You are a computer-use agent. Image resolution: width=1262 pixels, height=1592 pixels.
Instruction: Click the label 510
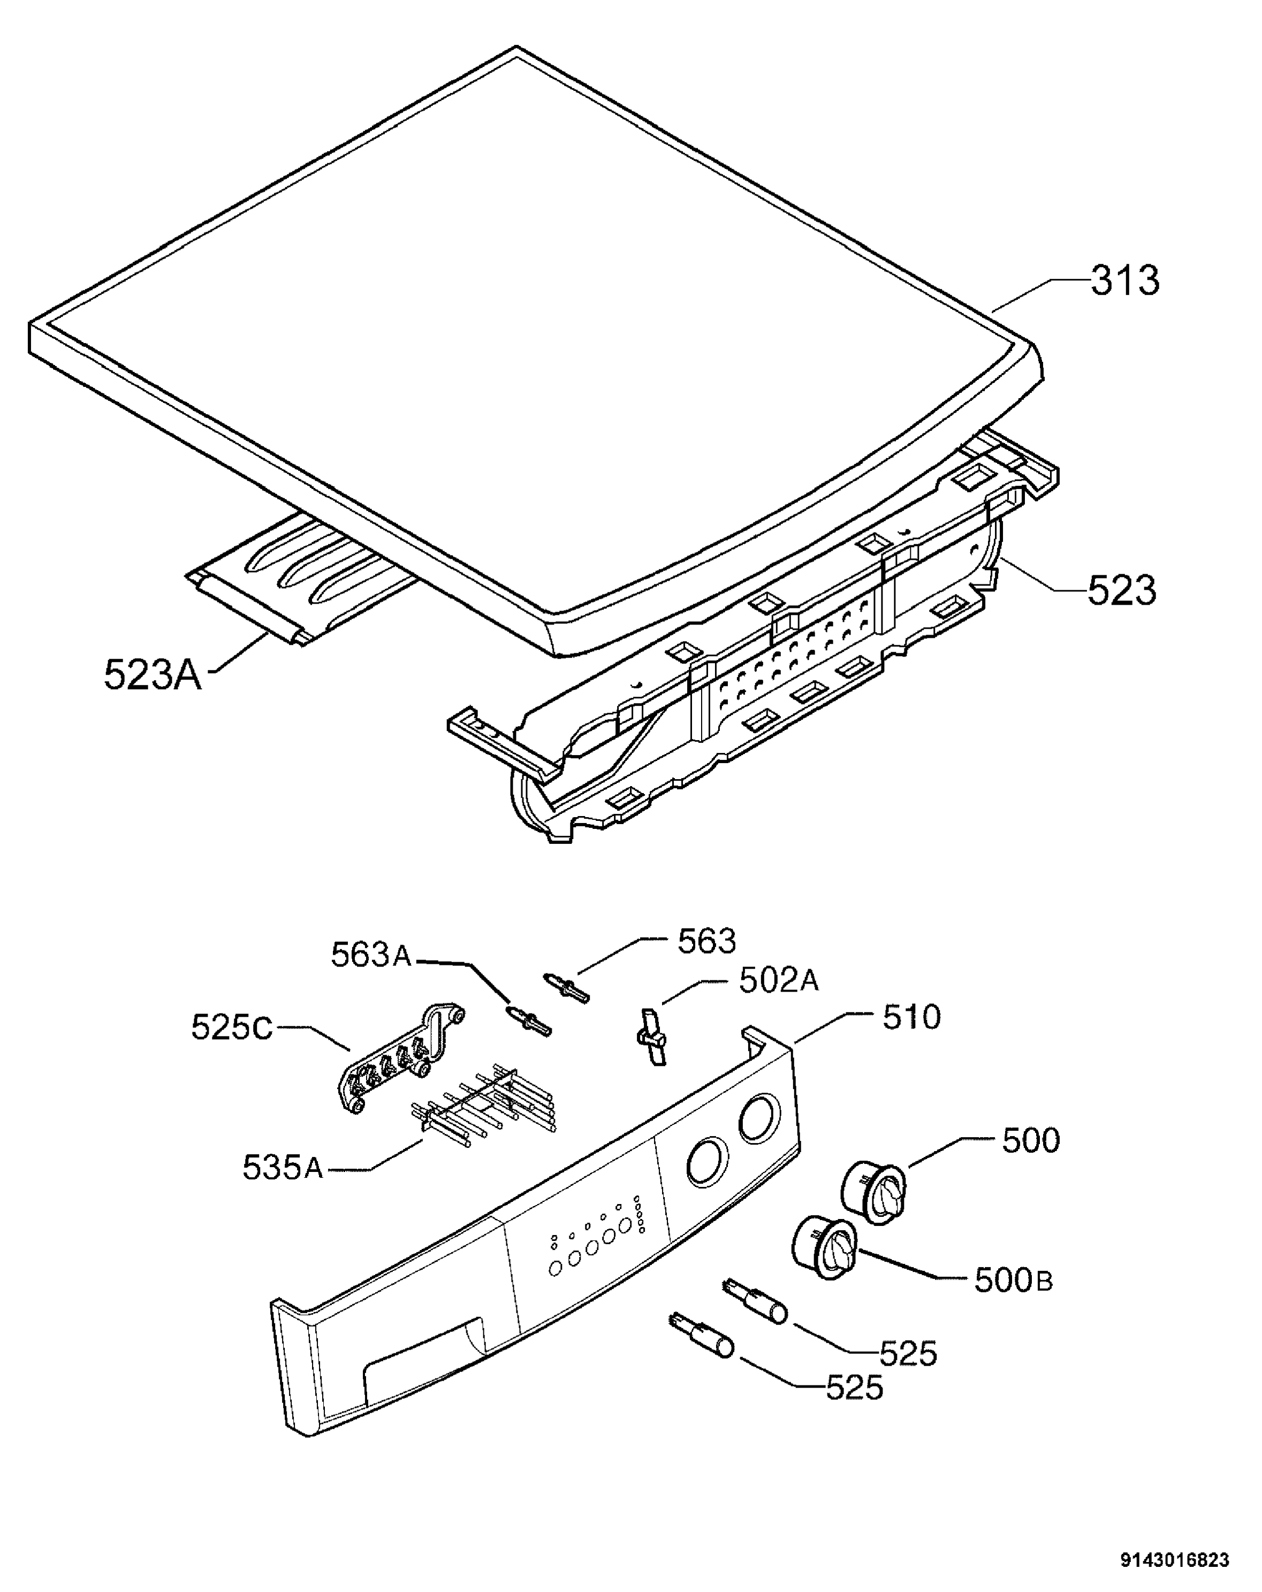click(x=911, y=1017)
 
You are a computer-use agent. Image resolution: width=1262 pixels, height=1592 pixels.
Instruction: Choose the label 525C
click(x=232, y=1027)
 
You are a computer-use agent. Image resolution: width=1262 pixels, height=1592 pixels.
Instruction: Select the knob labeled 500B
click(x=824, y=1248)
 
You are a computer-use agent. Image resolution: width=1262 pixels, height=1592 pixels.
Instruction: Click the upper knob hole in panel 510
click(x=758, y=1119)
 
